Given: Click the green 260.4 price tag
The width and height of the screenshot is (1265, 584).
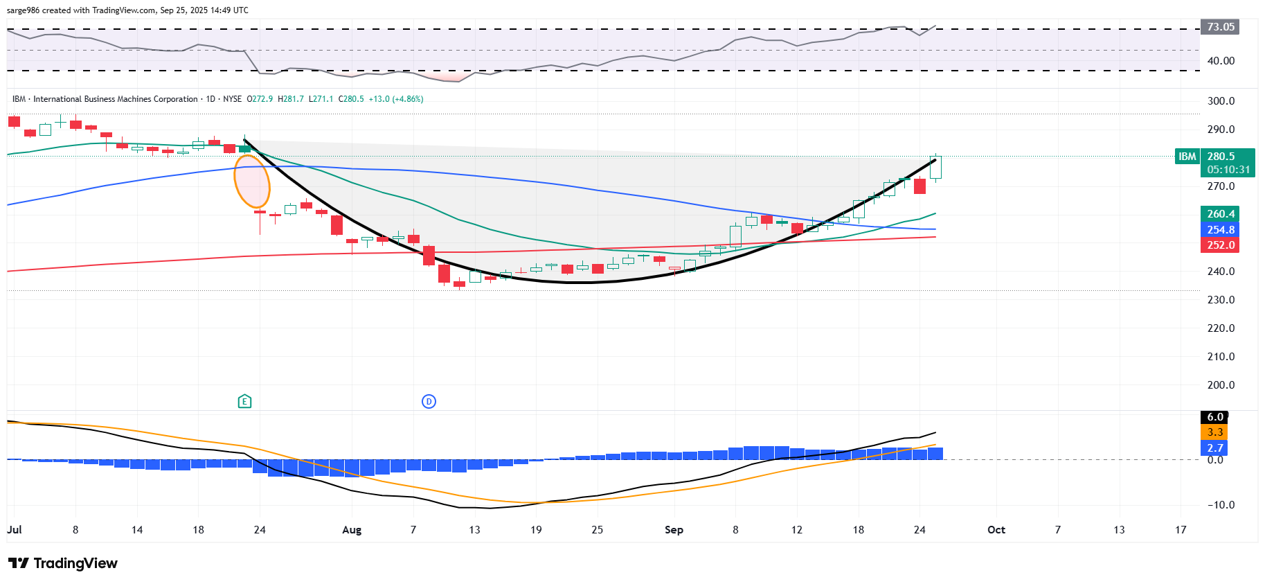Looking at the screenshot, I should pyautogui.click(x=1220, y=214).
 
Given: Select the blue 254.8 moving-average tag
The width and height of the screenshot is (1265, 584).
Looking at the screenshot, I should pyautogui.click(x=1220, y=229).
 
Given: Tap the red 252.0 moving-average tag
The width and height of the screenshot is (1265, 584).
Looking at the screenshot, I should pyautogui.click(x=1220, y=245).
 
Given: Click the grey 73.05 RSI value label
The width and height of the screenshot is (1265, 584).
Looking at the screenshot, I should pyautogui.click(x=1220, y=27).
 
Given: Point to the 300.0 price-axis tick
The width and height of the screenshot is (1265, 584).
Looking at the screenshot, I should pyautogui.click(x=1221, y=101).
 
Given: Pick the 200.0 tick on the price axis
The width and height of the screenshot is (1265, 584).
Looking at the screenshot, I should pyautogui.click(x=1221, y=385).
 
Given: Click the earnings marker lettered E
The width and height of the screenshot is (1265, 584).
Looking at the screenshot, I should pyautogui.click(x=244, y=401).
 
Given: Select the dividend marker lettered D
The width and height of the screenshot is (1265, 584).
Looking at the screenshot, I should pyautogui.click(x=429, y=401).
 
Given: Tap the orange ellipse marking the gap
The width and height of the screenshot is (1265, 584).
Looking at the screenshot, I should pyautogui.click(x=251, y=182).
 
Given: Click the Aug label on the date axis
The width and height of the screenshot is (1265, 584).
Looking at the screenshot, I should pyautogui.click(x=352, y=530).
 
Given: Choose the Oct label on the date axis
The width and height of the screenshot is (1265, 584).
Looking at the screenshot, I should pyautogui.click(x=996, y=530).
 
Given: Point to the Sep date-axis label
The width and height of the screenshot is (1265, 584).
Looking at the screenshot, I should pyautogui.click(x=674, y=530).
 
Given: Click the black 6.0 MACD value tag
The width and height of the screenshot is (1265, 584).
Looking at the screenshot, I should pyautogui.click(x=1214, y=417).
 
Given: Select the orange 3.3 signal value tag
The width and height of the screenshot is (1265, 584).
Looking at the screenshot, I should pyautogui.click(x=1214, y=432).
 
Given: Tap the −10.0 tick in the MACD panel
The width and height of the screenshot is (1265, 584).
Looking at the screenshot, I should pyautogui.click(x=1220, y=505).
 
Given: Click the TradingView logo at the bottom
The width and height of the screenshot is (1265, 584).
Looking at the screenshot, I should pyautogui.click(x=63, y=563).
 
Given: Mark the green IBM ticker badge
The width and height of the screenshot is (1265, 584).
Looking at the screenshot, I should pyautogui.click(x=1187, y=157).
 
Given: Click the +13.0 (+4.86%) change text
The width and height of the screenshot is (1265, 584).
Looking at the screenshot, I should pyautogui.click(x=395, y=99).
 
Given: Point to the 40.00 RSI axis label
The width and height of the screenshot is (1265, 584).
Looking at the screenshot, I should pyautogui.click(x=1221, y=61).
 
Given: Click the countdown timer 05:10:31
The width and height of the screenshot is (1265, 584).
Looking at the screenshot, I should pyautogui.click(x=1228, y=170).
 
